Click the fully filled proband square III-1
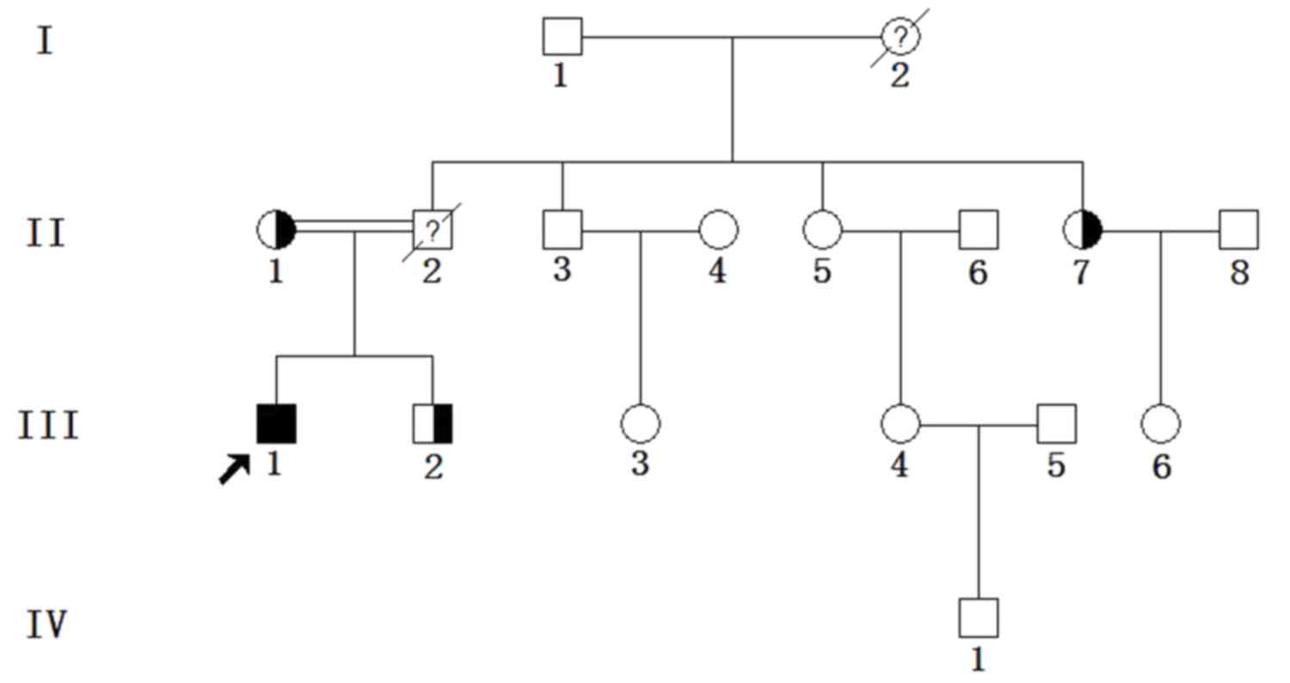pos(276,423)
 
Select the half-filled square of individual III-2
pos(433,423)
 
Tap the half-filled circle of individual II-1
pos(276,231)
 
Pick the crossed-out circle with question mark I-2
pos(900,37)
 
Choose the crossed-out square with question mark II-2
pos(433,230)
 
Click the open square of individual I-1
pos(562,37)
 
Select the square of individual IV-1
pos(979,617)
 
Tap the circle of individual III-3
pos(640,423)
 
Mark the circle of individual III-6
pos(1161,423)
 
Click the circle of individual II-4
pos(718,231)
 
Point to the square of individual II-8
pos(1238,230)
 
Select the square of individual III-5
pos(1056,423)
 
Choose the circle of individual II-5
pos(822,231)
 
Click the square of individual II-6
pos(979,230)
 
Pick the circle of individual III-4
pos(900,423)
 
